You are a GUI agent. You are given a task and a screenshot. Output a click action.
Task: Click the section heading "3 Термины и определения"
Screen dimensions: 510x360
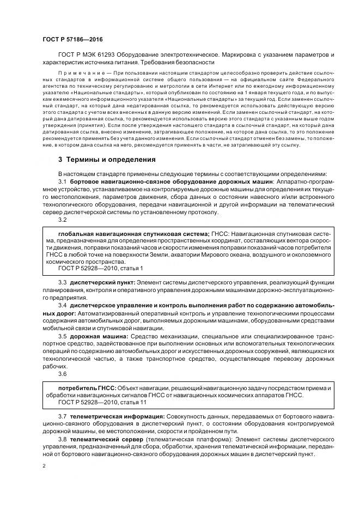pos(107,160)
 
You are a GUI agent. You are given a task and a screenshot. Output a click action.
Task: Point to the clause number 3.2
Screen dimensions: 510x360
pos(62,220)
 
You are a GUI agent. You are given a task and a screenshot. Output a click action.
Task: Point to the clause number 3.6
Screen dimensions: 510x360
pos(62,374)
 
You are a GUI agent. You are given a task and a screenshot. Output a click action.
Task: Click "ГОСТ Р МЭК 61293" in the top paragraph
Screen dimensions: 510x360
pos(84,56)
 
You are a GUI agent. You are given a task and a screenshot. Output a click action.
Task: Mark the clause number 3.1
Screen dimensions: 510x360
pos(62,180)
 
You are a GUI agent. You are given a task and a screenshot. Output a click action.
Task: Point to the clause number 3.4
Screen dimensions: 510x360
pos(62,307)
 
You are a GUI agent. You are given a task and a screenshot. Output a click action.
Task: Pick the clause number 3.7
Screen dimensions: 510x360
pos(62,416)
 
